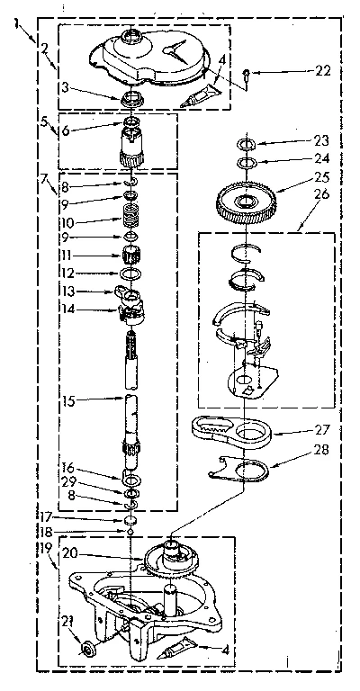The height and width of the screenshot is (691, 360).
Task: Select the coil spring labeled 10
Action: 132,218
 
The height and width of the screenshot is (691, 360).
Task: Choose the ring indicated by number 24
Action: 246,162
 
